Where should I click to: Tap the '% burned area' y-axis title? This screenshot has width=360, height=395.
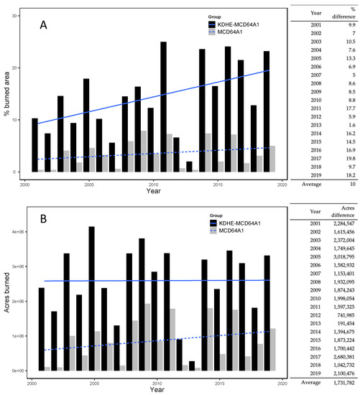[9, 93]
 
